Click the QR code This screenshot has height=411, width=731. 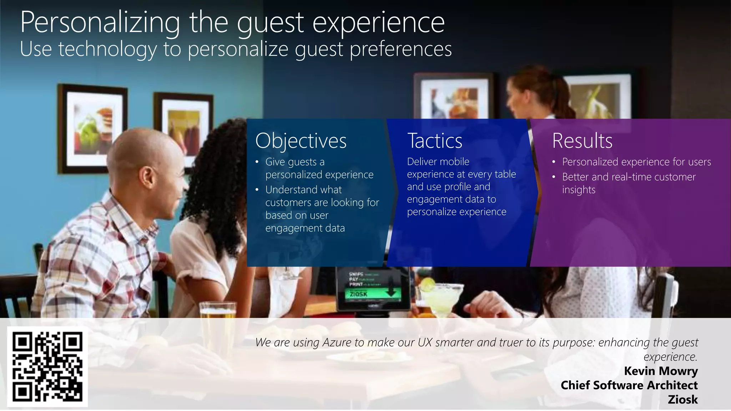pyautogui.click(x=47, y=366)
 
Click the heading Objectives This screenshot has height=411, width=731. pyautogui.click(x=301, y=141)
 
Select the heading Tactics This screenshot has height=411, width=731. pyautogui.click(x=434, y=141)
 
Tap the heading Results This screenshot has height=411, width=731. pyautogui.click(x=582, y=141)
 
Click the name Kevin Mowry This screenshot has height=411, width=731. pyautogui.click(x=661, y=371)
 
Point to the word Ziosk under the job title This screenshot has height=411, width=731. pyautogui.click(x=682, y=400)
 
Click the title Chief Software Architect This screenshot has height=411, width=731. pyautogui.click(x=629, y=385)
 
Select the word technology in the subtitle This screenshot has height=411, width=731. pyautogui.click(x=107, y=49)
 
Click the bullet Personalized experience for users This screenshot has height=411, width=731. pyautogui.click(x=636, y=162)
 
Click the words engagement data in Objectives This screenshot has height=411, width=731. pyautogui.click(x=305, y=228)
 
